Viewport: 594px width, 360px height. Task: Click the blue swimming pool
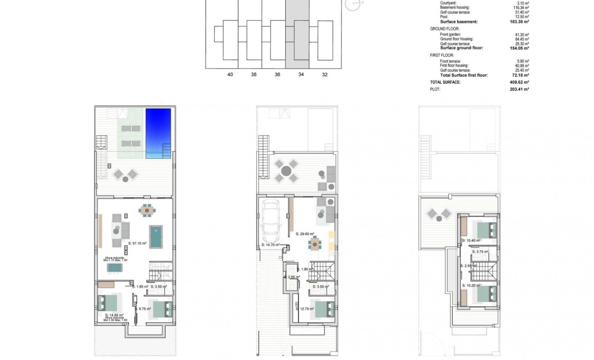pos(158,133)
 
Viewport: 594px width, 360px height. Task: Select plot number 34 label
pos(301,75)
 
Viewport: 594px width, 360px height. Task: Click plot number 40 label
pos(230,75)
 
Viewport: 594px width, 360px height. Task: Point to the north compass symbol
pos(353,4)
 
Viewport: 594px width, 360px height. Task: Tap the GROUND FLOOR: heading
pos(445,29)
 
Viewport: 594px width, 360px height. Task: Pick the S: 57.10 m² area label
pos(137,243)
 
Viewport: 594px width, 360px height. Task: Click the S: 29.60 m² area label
pos(305,234)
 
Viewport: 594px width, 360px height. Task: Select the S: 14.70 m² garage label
pos(270,245)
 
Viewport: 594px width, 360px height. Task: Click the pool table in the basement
pos(156,237)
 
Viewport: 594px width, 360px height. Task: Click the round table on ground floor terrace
pos(286,171)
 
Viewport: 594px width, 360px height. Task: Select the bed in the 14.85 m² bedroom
pos(108,302)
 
